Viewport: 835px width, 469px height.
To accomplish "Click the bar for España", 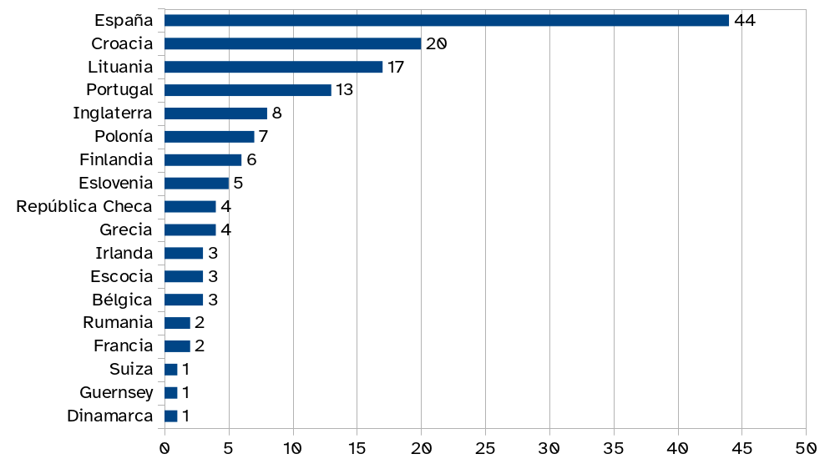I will (x=447, y=20).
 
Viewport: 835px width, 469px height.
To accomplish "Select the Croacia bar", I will (x=292, y=43).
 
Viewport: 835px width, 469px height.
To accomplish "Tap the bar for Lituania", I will (x=273, y=67).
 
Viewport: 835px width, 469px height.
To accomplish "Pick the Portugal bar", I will (x=248, y=90).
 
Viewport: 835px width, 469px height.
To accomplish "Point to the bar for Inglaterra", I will (x=215, y=113).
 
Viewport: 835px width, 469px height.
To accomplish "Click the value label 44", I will (x=745, y=20).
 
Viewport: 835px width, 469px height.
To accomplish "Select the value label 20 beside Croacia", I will (x=436, y=43).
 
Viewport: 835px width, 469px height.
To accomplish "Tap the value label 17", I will (x=396, y=67).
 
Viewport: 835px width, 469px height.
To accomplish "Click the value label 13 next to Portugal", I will (x=345, y=90).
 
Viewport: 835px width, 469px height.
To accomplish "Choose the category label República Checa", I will (x=84, y=206).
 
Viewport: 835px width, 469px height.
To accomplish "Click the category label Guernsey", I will (x=116, y=392).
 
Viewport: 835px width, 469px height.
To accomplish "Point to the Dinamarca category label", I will (x=110, y=416).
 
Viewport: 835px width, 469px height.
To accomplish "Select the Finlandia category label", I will (x=116, y=159).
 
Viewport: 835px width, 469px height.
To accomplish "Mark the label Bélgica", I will (x=122, y=300).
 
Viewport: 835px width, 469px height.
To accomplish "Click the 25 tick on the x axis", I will (x=485, y=448).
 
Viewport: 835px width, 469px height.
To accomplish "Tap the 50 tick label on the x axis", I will (x=806, y=448).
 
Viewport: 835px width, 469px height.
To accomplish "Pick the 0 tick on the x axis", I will (x=164, y=448).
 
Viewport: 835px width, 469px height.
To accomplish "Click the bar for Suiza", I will (x=171, y=369).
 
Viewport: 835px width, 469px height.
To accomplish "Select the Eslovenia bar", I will (x=196, y=183).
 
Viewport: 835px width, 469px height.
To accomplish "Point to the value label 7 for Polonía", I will (x=263, y=137).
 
